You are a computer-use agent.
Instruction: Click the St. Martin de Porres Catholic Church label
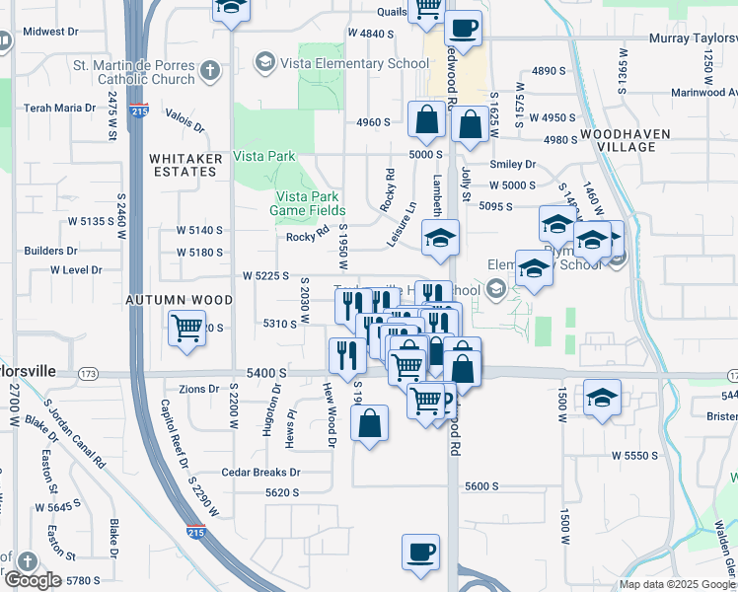pyautogui.click(x=133, y=72)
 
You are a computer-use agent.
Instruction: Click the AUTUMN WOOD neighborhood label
pyautogui.click(x=179, y=299)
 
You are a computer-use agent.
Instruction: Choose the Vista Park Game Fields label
pyautogui.click(x=309, y=203)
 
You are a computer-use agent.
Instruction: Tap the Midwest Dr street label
pyautogui.click(x=50, y=32)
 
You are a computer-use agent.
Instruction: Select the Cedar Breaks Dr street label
pyautogui.click(x=260, y=472)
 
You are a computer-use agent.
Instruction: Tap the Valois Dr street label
pyautogui.click(x=184, y=120)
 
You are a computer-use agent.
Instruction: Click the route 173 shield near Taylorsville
pyautogui.click(x=90, y=374)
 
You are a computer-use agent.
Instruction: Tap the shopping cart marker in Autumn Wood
pyautogui.click(x=186, y=328)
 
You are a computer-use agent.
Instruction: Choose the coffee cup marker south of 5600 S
pyautogui.click(x=420, y=551)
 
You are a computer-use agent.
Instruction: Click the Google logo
pyautogui.click(x=33, y=580)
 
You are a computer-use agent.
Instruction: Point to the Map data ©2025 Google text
pyautogui.click(x=676, y=584)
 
